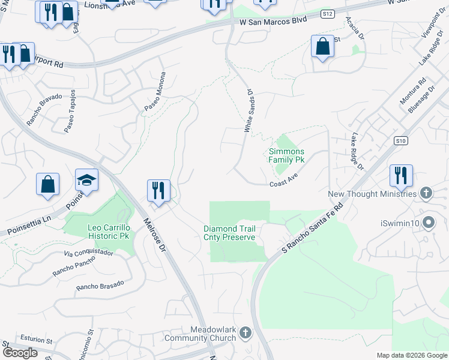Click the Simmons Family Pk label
286,156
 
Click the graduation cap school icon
86,180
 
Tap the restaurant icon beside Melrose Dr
158,191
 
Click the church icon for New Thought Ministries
426,193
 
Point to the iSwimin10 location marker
428,223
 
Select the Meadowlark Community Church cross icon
245,332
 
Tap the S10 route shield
402,141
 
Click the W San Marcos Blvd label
273,21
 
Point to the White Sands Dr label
249,111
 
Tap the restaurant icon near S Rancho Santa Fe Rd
400,176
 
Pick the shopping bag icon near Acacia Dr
322,46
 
